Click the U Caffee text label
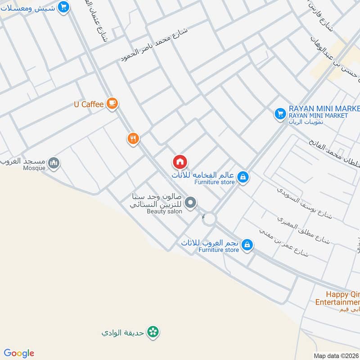[89, 104]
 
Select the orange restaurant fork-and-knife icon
[133, 139]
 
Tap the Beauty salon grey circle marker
[191, 203]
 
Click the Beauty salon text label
[164, 211]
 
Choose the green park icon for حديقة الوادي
[154, 333]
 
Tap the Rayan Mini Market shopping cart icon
[280, 114]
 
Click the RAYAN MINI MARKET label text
[324, 109]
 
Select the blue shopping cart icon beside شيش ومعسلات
[64, 7]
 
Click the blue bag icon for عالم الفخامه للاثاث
[243, 177]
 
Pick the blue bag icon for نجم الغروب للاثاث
[247, 245]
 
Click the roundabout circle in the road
[209, 220]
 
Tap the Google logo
[19, 353]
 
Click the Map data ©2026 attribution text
[336, 355]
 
